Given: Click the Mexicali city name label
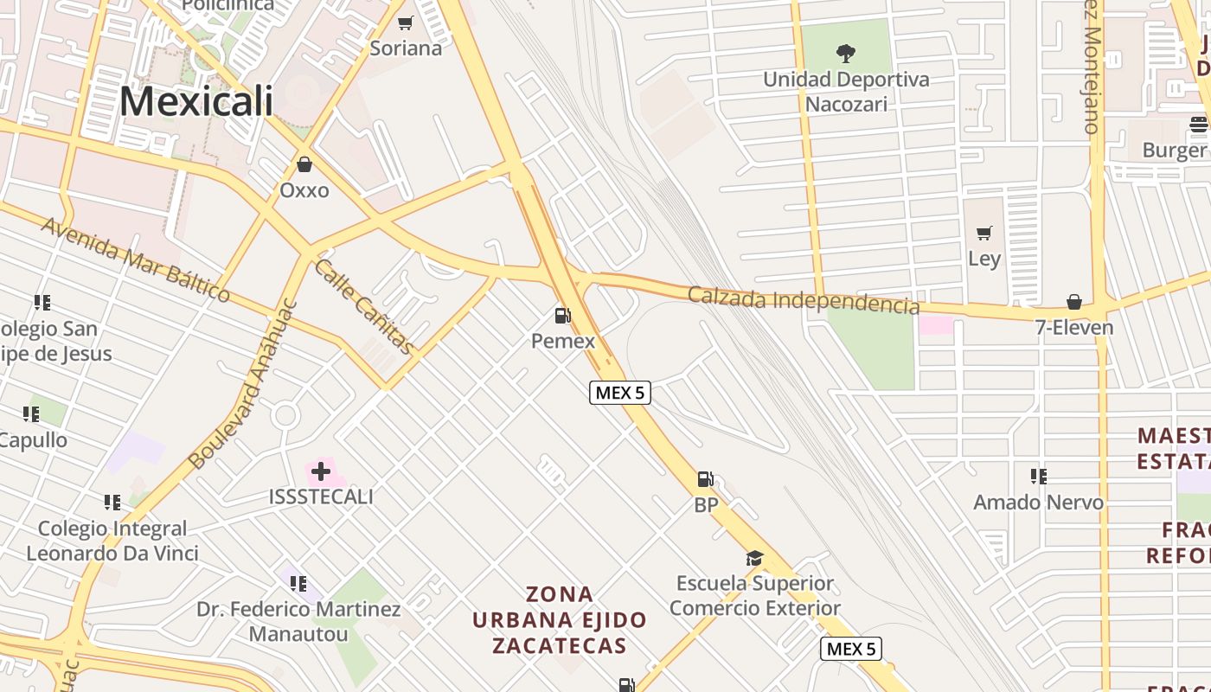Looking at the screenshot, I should click(x=196, y=101).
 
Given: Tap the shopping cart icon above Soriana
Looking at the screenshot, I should click(x=405, y=22).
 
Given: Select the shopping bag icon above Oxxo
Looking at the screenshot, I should click(x=304, y=163).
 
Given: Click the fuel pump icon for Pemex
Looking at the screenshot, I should click(x=562, y=316).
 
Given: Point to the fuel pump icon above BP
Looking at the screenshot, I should click(x=706, y=479).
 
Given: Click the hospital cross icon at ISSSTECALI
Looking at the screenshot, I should click(x=321, y=471).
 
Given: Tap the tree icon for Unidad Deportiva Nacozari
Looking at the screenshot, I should click(x=846, y=54).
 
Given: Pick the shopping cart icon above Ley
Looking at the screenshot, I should click(x=984, y=233).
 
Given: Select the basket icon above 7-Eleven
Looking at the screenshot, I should click(x=1074, y=302).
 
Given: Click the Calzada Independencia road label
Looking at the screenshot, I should click(x=804, y=300).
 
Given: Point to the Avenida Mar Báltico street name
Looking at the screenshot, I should click(x=136, y=259).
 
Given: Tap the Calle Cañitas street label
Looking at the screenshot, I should click(x=363, y=306).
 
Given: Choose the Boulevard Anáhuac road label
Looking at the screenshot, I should click(x=243, y=384).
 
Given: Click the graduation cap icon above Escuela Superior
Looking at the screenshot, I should click(x=755, y=558).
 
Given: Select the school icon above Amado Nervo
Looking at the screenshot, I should click(x=1039, y=476).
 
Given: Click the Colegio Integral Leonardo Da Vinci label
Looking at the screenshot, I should click(x=112, y=541).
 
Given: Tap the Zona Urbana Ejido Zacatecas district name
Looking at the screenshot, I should click(x=561, y=620).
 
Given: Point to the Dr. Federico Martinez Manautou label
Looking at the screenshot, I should click(x=298, y=621).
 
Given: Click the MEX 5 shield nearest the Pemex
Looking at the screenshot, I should click(x=620, y=393).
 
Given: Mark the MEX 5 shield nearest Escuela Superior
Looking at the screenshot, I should click(x=851, y=649).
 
